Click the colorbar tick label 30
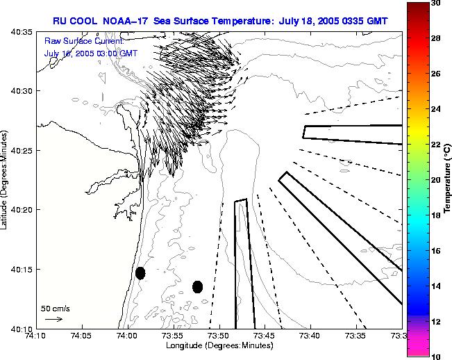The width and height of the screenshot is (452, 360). [435, 3]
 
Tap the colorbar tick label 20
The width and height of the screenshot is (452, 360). [435, 179]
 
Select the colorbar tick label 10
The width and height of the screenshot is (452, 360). [435, 356]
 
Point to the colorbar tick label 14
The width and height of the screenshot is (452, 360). [435, 286]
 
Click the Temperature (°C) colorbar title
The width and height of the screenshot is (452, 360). [449, 179]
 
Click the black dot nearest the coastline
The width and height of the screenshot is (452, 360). [140, 273]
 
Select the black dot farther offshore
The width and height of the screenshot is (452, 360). [197, 286]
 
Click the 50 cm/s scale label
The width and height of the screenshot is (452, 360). [56, 308]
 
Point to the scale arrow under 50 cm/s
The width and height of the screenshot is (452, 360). [53, 319]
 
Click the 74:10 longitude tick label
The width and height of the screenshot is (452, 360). [35, 336]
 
